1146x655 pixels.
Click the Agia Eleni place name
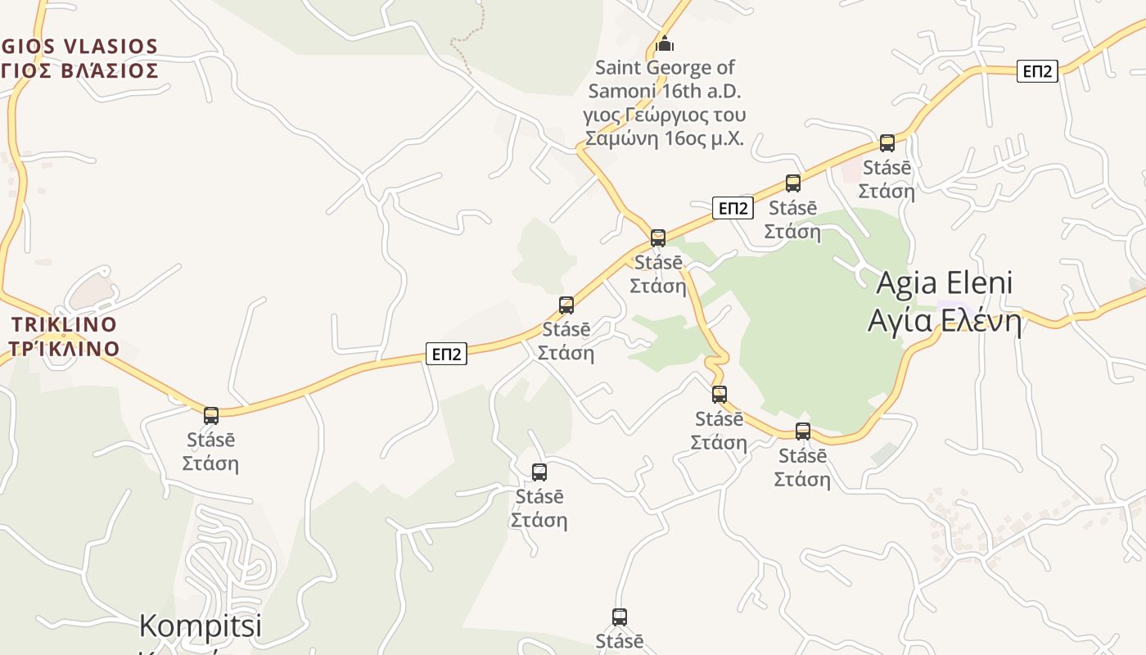944,283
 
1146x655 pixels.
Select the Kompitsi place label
200,626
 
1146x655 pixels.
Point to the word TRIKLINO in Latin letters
64,324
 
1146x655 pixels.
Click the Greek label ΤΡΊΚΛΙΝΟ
64,349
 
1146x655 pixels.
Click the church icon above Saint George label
665,43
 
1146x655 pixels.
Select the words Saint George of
665,67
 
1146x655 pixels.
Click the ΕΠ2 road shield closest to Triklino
446,354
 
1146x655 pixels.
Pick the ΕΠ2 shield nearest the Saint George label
732,208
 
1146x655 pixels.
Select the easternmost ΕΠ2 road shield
1037,71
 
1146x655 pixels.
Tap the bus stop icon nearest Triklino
211,415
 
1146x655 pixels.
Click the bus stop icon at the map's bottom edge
620,617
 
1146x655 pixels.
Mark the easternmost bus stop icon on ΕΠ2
887,143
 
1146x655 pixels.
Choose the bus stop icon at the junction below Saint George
658,238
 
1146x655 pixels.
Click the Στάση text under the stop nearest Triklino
210,463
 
